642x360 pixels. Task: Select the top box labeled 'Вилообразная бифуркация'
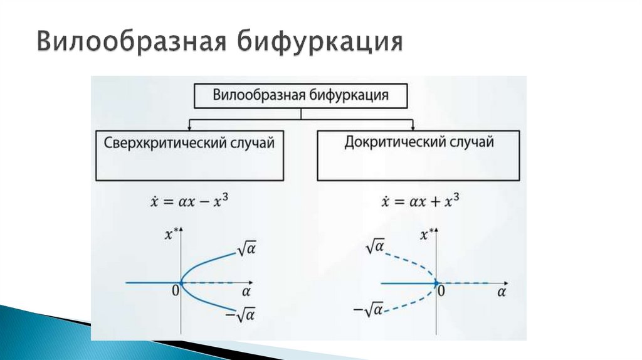[301, 95]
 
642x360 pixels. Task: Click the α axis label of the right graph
[502, 292]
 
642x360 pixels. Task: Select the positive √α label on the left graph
[248, 250]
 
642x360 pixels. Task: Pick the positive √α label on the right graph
[374, 247]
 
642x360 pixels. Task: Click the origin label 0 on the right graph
[441, 290]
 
